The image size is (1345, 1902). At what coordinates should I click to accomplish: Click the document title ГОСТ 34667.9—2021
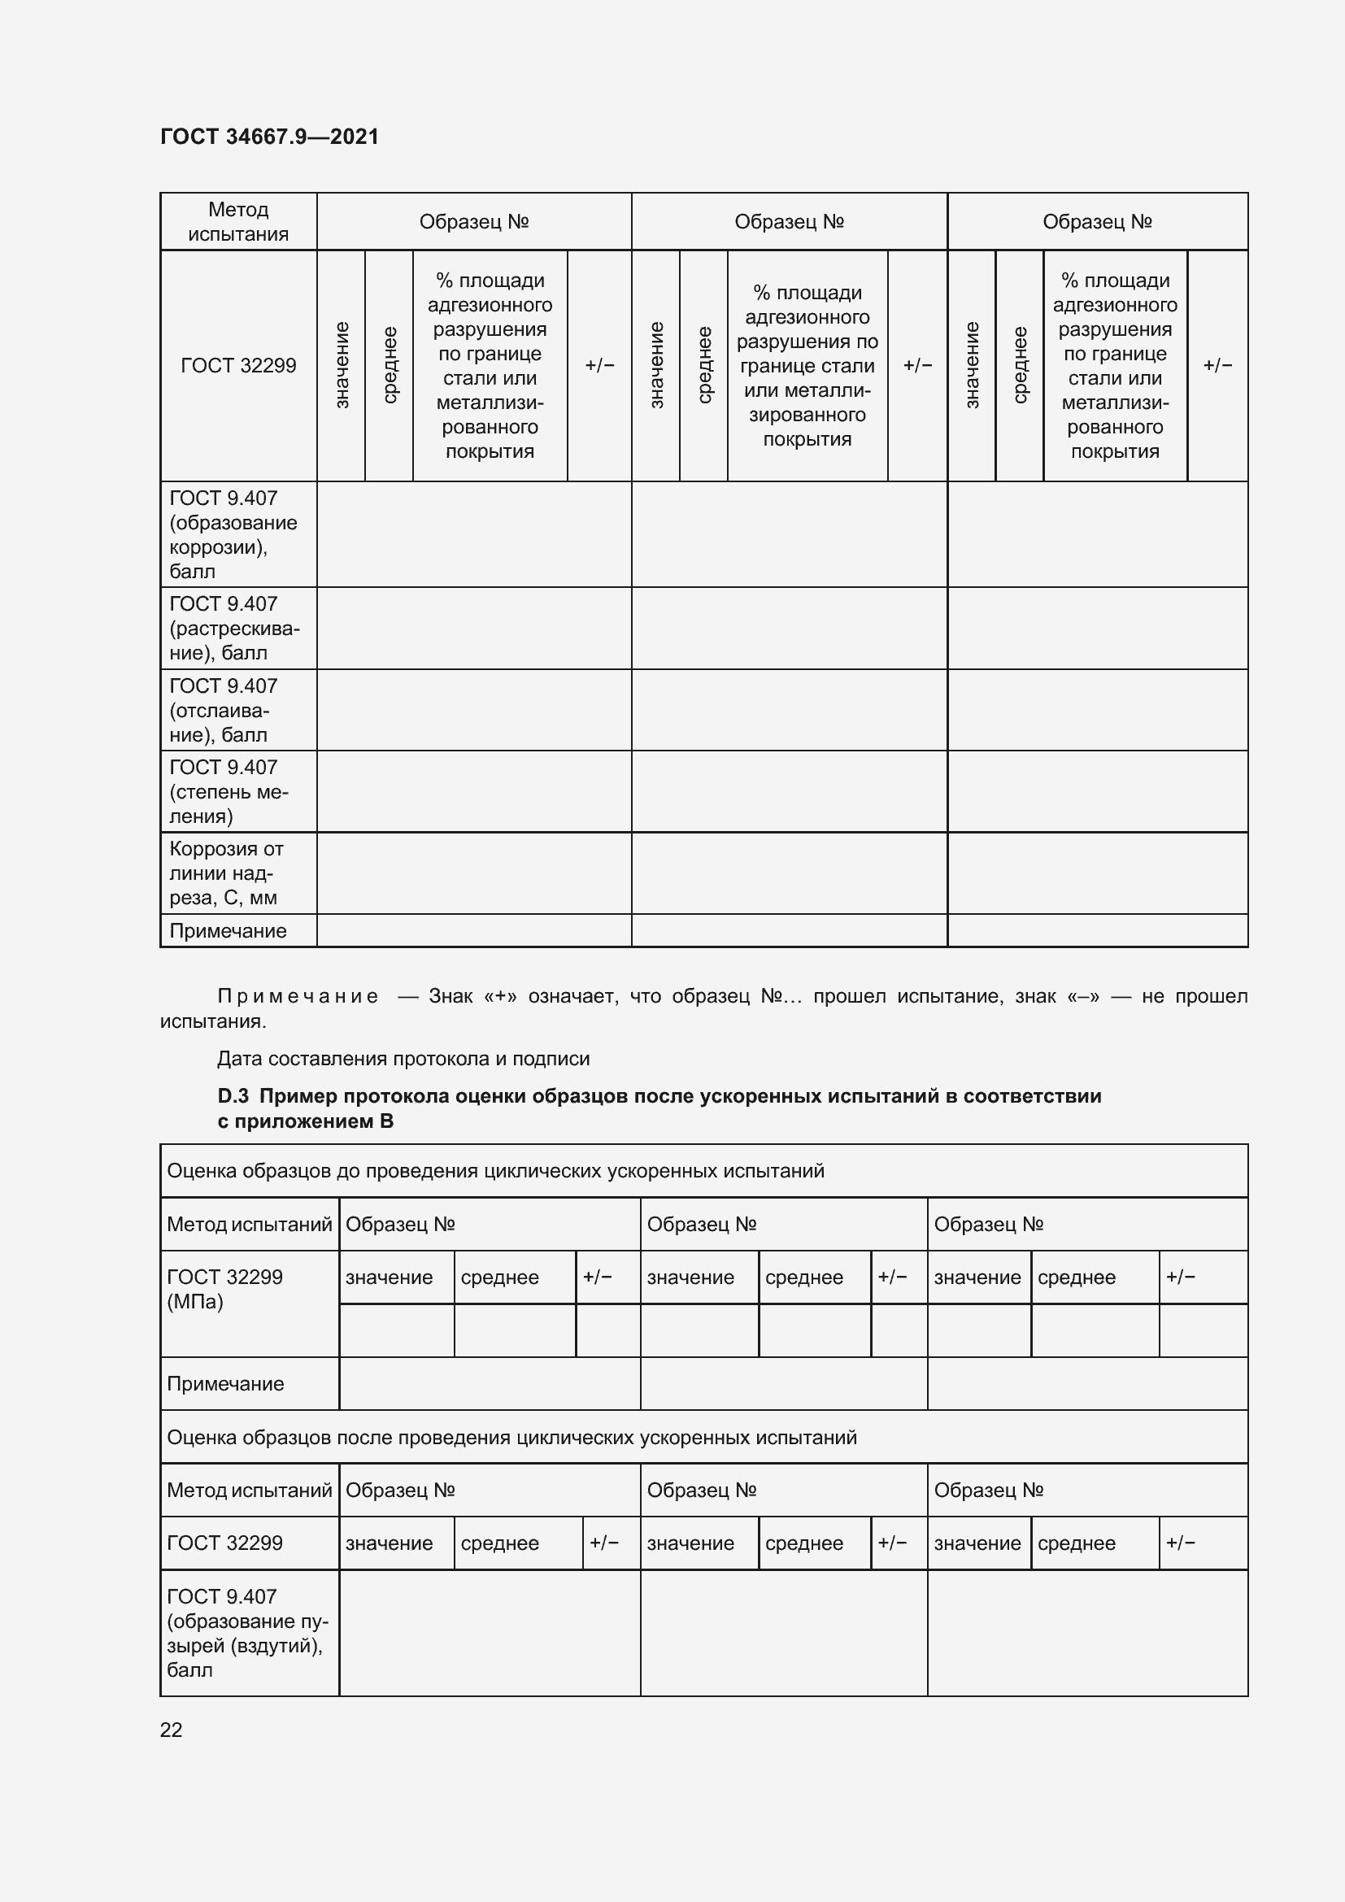point(269,137)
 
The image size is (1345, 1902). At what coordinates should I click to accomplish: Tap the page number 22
point(171,1729)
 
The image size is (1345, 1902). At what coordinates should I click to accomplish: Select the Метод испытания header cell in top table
point(237,221)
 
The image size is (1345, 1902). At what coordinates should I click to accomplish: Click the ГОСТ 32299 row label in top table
point(237,365)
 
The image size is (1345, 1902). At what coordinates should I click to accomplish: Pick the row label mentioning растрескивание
point(233,628)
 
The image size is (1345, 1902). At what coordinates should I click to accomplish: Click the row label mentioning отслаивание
point(223,710)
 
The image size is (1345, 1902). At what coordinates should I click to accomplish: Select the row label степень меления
point(228,791)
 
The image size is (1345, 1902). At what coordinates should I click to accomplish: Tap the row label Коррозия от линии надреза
point(225,873)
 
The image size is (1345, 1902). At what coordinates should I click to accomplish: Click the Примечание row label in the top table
point(228,930)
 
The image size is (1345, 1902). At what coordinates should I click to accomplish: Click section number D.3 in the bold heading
point(233,1096)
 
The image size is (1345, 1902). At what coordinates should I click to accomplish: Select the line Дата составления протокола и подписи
point(403,1059)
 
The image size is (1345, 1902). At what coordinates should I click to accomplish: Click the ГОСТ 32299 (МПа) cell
point(224,1289)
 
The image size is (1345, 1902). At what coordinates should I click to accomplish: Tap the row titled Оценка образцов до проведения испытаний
point(495,1170)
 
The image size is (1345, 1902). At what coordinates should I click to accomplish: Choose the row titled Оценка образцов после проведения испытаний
point(511,1437)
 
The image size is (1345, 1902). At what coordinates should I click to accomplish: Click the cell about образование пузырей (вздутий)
point(247,1633)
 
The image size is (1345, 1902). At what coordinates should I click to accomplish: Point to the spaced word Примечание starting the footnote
point(298,996)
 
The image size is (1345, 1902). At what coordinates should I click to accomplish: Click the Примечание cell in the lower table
point(225,1383)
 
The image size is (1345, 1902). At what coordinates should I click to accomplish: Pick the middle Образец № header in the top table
point(789,221)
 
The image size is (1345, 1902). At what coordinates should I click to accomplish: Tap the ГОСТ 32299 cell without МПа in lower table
point(224,1543)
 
